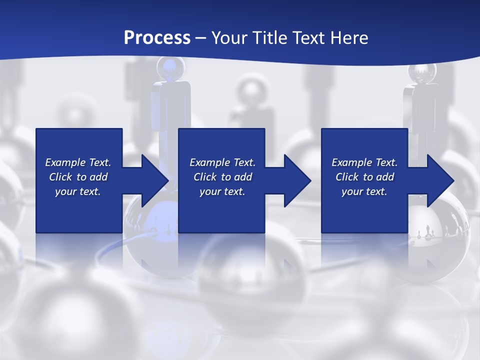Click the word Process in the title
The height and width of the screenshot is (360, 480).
(157, 38)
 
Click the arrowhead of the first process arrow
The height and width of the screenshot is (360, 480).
(154, 180)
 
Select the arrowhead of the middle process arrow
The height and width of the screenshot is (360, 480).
(297, 180)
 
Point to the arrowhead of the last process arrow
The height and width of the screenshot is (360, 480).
(440, 180)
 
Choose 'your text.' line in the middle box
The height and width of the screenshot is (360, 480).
(222, 191)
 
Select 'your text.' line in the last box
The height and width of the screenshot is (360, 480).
(364, 191)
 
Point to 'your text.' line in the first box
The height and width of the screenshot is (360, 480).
(78, 191)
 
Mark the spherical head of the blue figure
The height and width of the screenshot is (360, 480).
(168, 67)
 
